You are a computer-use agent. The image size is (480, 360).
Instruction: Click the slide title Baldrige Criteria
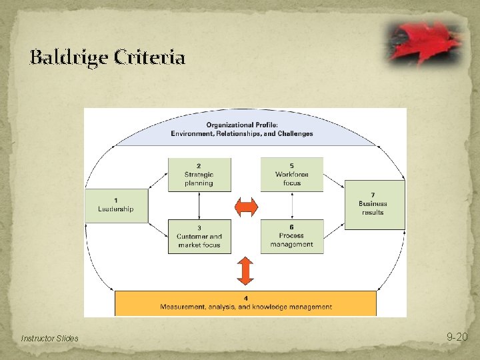(107, 58)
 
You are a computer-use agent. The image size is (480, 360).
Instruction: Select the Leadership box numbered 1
(116, 205)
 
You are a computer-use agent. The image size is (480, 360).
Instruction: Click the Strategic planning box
(199, 175)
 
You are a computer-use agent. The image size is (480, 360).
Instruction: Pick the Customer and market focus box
(199, 236)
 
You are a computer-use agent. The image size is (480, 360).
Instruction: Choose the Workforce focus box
(291, 175)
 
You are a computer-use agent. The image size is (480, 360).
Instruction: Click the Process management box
(291, 236)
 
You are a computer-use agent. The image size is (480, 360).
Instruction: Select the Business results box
(374, 205)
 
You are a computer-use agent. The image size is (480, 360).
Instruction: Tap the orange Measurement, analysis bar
(245, 303)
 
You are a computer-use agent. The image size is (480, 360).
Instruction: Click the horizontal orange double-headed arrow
(246, 208)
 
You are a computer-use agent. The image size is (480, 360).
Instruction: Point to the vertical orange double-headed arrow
(245, 271)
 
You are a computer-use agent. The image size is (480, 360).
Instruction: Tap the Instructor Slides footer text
(49, 338)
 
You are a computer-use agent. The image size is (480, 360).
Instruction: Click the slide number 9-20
(457, 337)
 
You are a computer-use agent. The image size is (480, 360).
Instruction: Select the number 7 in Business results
(374, 194)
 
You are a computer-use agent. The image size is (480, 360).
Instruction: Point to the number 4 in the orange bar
(245, 297)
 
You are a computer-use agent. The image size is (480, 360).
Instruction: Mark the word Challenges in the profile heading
(294, 133)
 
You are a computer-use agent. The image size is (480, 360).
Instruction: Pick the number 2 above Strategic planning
(199, 165)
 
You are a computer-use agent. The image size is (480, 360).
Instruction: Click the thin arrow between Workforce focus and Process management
(291, 206)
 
